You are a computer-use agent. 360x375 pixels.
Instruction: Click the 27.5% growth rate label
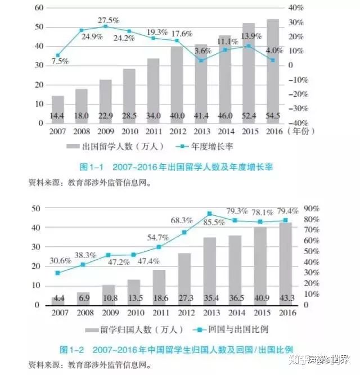tap(109, 20)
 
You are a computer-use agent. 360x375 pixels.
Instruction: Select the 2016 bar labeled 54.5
tap(272, 73)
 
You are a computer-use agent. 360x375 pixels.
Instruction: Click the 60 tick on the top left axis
tap(39, 8)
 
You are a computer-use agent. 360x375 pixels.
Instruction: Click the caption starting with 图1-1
tap(169, 168)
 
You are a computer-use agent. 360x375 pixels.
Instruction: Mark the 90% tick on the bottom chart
tap(311, 208)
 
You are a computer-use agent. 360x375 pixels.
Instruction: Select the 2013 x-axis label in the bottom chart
tap(211, 313)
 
